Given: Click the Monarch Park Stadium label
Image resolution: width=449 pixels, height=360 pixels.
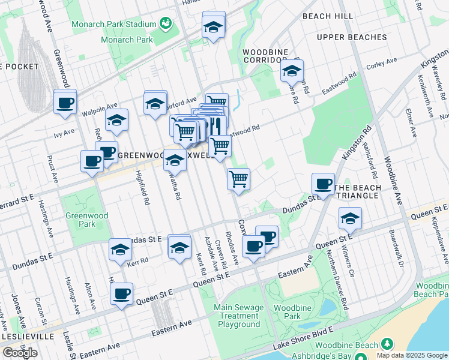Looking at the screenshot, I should click(x=114, y=25).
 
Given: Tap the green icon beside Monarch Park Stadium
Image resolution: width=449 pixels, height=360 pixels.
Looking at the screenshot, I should click(x=166, y=24).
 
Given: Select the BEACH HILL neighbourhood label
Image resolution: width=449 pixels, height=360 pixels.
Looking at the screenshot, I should click(x=328, y=16).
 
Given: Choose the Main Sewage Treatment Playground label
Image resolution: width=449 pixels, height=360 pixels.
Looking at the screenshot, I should click(x=239, y=316).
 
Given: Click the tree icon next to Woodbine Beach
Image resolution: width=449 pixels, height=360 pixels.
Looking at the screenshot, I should click(x=388, y=344).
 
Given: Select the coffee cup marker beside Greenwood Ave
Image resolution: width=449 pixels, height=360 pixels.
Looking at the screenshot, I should click(x=65, y=101).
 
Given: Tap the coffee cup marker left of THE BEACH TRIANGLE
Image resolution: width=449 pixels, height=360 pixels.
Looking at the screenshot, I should click(x=323, y=184).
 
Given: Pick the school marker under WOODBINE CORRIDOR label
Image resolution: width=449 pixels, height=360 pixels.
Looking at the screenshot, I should click(x=292, y=71).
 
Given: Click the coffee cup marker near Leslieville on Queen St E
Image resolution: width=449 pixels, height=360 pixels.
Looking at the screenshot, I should click(x=121, y=295).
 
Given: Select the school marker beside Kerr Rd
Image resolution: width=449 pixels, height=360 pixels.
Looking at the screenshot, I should click(x=120, y=250).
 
